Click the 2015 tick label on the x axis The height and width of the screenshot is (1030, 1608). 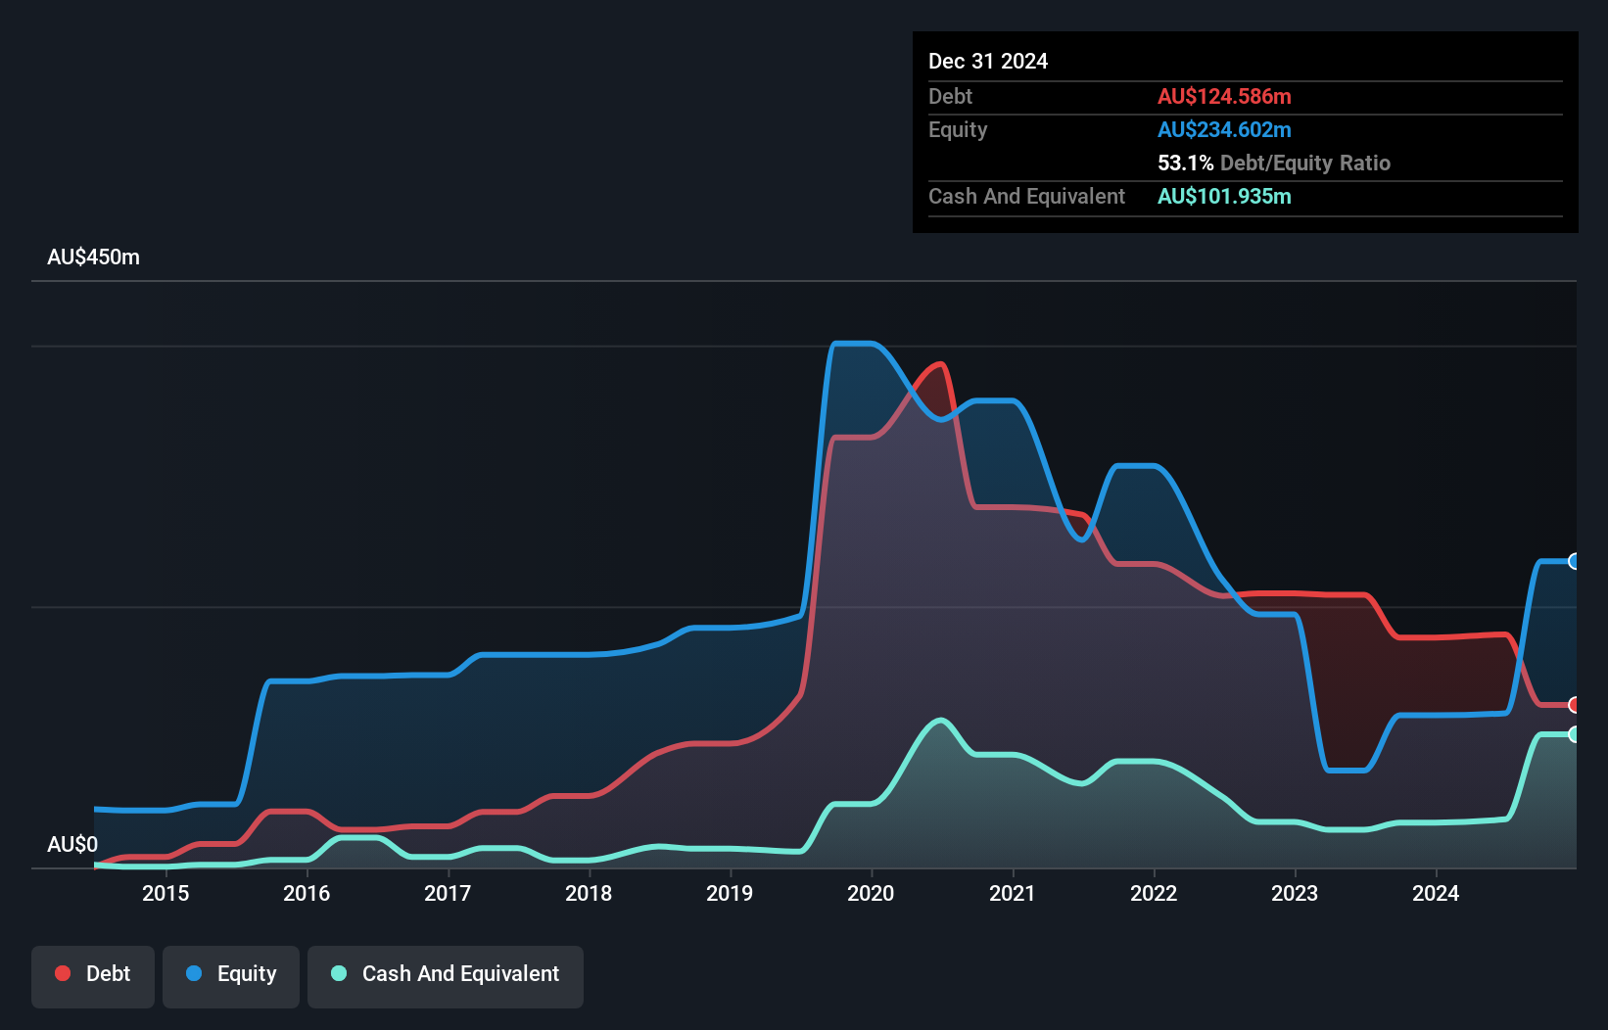166,893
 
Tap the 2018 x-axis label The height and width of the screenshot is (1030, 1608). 589,893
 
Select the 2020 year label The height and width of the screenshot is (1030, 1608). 871,893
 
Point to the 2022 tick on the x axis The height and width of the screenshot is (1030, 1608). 1154,893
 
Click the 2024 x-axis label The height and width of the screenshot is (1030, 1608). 1436,893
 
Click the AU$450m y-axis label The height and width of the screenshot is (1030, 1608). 93,257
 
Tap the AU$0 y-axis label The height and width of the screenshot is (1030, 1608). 72,844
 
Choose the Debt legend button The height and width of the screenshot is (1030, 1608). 93,974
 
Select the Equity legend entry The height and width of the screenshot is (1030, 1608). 231,974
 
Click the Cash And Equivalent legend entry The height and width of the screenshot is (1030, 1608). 446,974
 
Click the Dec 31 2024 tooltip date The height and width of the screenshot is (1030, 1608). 987,61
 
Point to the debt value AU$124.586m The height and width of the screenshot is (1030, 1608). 1224,96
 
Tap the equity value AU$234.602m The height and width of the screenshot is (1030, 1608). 1224,129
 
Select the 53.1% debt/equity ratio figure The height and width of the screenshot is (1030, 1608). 1185,163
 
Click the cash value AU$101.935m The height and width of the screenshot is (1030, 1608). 1224,196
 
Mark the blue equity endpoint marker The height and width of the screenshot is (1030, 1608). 1574,561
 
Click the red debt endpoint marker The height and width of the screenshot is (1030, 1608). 1574,705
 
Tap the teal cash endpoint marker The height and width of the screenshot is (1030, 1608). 1574,734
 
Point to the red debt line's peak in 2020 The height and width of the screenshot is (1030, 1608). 941,364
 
